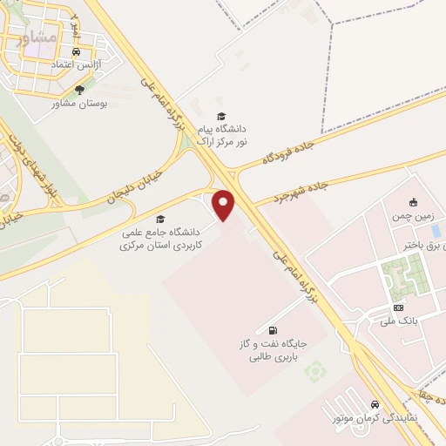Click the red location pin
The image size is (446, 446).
(x=225, y=205)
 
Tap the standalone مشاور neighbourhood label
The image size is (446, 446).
(x=41, y=38)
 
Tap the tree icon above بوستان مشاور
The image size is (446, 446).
(x=80, y=90)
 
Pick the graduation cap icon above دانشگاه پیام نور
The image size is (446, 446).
(x=221, y=116)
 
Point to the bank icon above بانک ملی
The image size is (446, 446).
(x=400, y=307)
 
